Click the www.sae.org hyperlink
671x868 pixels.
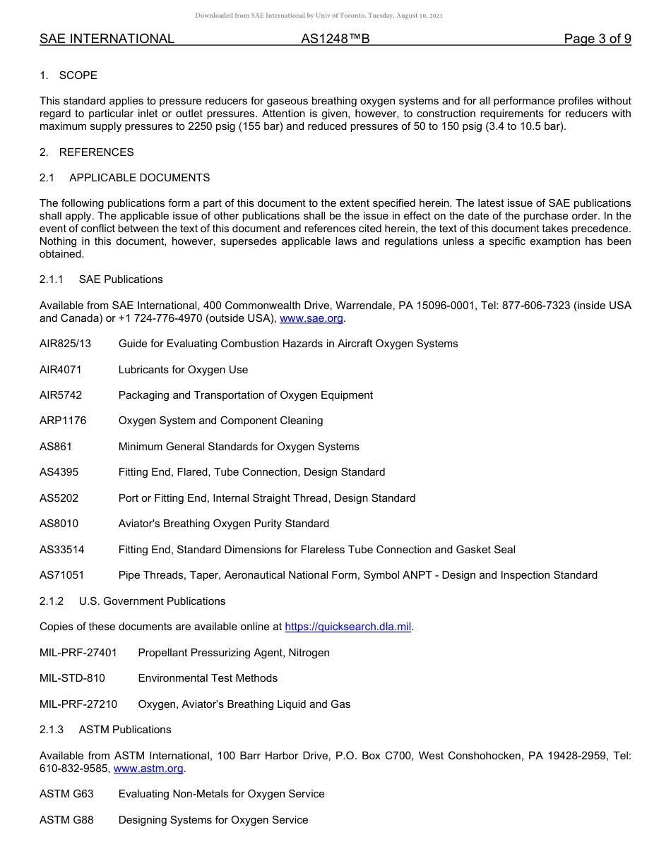pyautogui.click(x=311, y=318)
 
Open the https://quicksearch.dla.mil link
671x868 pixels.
pyautogui.click(x=348, y=627)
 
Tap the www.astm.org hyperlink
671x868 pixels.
pyautogui.click(x=148, y=768)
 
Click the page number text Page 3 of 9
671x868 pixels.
pyautogui.click(x=597, y=39)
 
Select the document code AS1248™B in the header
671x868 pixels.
pyautogui.click(x=335, y=39)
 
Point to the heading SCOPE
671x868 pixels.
pyautogui.click(x=78, y=76)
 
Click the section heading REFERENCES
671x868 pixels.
pyautogui.click(x=96, y=152)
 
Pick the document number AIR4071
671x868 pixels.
pyautogui.click(x=61, y=370)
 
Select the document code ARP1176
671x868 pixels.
pyautogui.click(x=63, y=421)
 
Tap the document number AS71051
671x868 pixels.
pyautogui.click(x=61, y=575)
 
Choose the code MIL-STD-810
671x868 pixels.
pyautogui.click(x=72, y=678)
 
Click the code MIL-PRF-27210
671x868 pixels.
pyautogui.click(x=78, y=704)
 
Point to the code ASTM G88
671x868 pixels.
pyautogui.click(x=66, y=820)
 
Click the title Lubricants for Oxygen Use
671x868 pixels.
pyautogui.click(x=183, y=370)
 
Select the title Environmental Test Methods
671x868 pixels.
pyautogui.click(x=208, y=678)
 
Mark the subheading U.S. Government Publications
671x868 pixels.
pyautogui.click(x=152, y=601)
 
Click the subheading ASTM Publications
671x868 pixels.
pyautogui.click(x=125, y=730)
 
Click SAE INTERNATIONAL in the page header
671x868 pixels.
pyautogui.click(x=107, y=39)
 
